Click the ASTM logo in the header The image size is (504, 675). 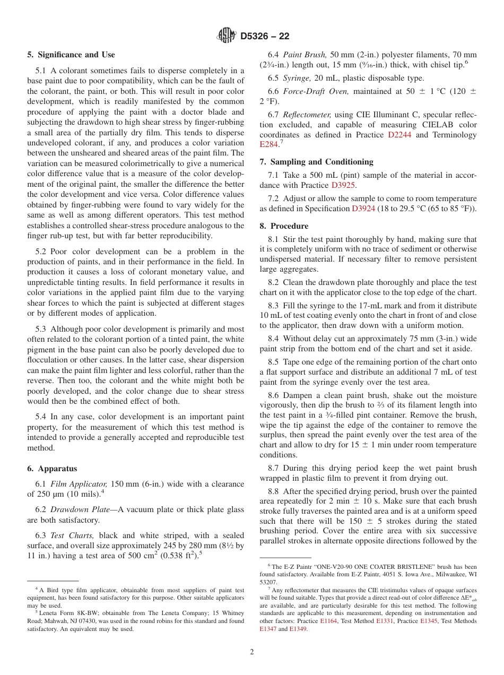point(227,36)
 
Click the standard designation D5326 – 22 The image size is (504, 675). point(265,37)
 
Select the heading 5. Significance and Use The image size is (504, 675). point(71,55)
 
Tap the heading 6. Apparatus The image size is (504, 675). point(52,469)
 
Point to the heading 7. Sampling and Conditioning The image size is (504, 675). point(316,162)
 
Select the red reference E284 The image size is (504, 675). point(268,144)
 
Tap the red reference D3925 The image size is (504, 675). point(343,185)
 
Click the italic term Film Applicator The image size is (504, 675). point(73,484)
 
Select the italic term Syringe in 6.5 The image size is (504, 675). point(297,78)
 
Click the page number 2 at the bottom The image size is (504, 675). point(252,652)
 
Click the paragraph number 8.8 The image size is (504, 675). point(274,491)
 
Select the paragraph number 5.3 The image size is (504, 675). point(41,329)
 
